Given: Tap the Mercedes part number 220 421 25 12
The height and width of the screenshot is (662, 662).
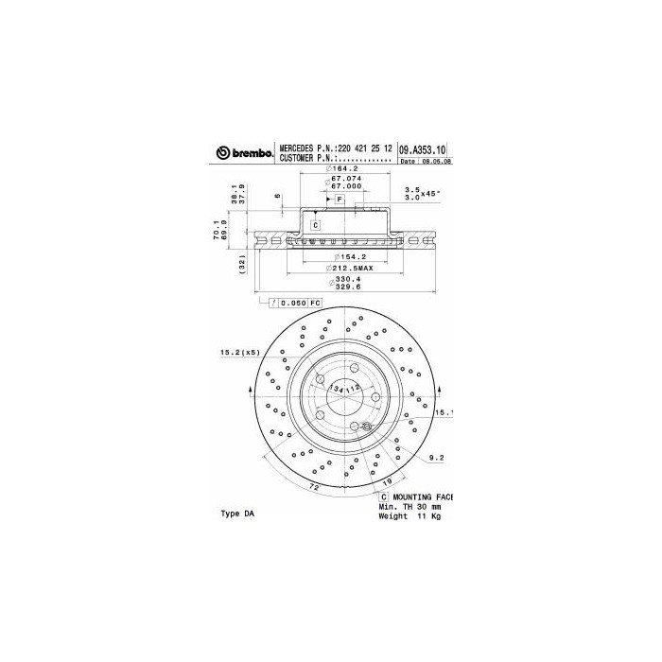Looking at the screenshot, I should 355,149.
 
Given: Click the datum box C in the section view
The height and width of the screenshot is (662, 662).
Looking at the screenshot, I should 314,224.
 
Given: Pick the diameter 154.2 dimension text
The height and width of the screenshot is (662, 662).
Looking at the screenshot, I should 345,256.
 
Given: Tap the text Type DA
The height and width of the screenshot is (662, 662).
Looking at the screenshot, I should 237,514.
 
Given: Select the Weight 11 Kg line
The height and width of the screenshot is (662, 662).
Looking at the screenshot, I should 409,516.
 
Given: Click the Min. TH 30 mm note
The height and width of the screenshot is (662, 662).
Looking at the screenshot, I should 409,507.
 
